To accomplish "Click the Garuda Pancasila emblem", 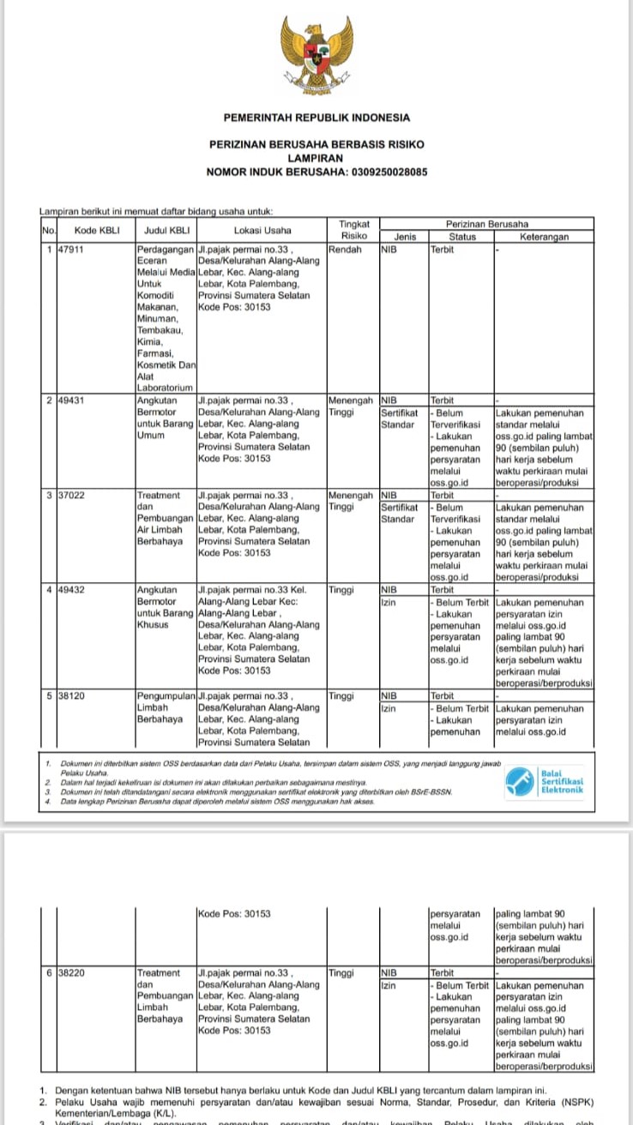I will (x=316, y=59).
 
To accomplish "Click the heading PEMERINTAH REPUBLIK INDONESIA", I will (x=316, y=117).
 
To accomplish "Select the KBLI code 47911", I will (x=70, y=250).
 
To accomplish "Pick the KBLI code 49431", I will (x=70, y=400).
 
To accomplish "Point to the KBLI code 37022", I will (x=70, y=496).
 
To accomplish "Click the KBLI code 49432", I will (x=70, y=590).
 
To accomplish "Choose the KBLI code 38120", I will (x=70, y=696).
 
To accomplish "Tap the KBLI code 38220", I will (x=70, y=973).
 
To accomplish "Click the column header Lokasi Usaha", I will (x=262, y=230).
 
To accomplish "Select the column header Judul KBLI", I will (x=166, y=230).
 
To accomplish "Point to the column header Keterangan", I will (x=544, y=236).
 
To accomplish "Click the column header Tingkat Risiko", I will (x=353, y=229).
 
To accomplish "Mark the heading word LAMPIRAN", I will (x=316, y=159).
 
